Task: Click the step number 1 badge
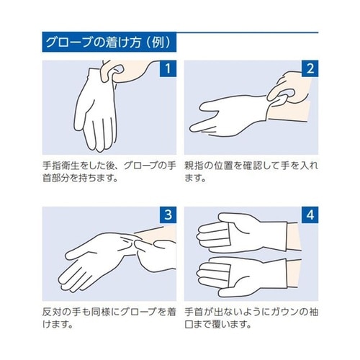pos(168,68)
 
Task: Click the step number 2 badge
pos(310,68)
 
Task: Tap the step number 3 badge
pos(168,215)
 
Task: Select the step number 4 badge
pos(310,215)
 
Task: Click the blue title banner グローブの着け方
pos(109,42)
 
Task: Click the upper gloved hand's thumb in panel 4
pos(229,217)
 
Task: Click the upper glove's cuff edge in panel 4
pos(287,236)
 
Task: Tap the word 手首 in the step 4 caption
pos(194,312)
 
